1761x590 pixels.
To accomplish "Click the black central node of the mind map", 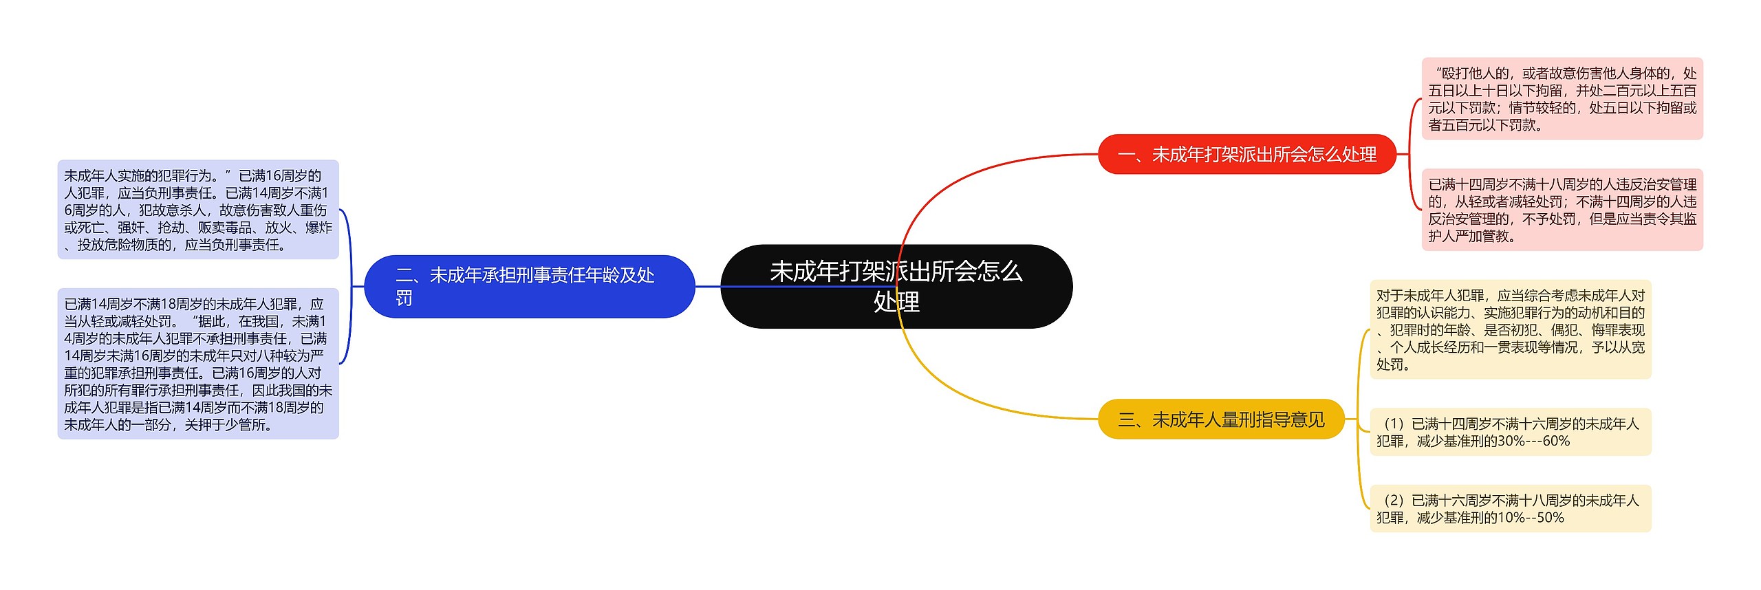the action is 896,286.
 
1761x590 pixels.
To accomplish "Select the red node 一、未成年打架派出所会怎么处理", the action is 1246,154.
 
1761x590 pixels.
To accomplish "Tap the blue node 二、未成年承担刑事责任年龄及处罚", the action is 529,286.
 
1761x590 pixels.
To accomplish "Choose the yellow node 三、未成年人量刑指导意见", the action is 1221,419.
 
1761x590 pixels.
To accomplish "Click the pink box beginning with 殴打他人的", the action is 1562,99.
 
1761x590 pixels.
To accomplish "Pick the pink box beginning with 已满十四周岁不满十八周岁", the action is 1562,210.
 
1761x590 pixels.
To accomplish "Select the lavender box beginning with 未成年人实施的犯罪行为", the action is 198,210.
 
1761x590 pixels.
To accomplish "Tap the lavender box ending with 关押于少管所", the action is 198,364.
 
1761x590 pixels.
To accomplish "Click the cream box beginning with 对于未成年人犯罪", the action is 1510,329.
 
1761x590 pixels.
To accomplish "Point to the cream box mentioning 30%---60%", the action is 1510,432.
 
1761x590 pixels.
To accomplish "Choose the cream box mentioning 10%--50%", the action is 1510,509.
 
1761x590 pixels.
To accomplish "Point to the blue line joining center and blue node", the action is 709,286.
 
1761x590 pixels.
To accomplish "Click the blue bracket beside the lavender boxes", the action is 350,286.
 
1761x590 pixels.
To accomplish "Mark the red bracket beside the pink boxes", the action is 1410,154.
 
